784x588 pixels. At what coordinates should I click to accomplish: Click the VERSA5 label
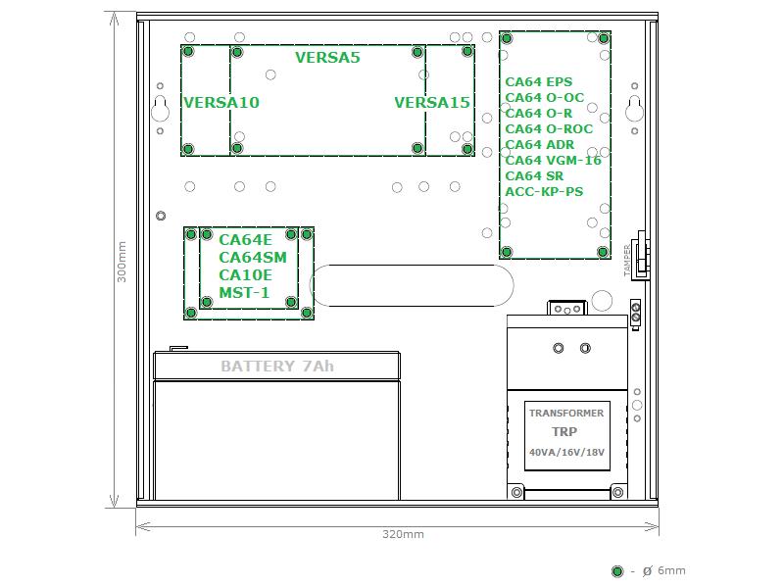pos(327,58)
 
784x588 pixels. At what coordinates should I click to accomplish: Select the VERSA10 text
pos(221,103)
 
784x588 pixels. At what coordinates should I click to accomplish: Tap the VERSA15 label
pos(432,103)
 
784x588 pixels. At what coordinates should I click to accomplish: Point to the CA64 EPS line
pos(538,82)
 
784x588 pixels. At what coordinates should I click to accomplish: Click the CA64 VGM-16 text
pos(553,161)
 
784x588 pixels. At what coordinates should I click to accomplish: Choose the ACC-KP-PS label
pos(544,191)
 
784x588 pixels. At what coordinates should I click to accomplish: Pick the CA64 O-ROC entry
pos(549,129)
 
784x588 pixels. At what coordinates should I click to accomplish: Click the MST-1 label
pos(244,292)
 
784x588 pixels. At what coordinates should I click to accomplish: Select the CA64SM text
pos(253,258)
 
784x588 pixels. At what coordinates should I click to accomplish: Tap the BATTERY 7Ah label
pos(277,367)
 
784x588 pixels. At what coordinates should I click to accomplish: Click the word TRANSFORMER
pos(566,413)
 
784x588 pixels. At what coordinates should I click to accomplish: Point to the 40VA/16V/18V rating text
pos(567,452)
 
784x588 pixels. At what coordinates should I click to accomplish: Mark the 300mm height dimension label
pos(122,262)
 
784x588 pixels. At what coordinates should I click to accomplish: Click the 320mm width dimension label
pos(403,534)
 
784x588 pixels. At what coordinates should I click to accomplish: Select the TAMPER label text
pos(627,260)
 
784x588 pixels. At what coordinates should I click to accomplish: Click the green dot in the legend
pos(617,571)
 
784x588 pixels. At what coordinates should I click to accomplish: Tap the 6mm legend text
pos(671,570)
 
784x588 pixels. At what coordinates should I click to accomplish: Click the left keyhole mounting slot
pos(160,109)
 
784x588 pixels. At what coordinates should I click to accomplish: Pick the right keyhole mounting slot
pos(634,109)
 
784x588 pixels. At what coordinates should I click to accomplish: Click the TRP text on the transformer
pos(564,431)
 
